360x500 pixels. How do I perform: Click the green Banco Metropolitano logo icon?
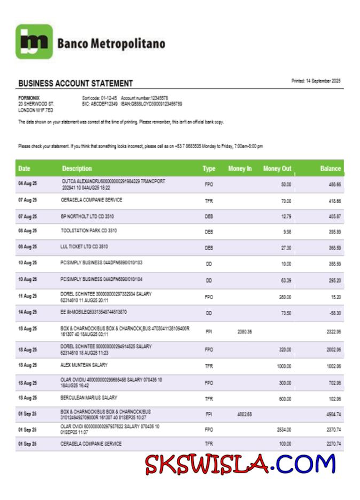tap(34, 42)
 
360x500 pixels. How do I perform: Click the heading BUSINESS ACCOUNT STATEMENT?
tap(75, 83)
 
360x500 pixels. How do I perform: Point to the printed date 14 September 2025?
tap(316, 81)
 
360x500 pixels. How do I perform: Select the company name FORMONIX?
tap(29, 98)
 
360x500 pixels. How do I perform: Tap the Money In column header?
tap(240, 169)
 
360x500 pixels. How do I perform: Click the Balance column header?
tap(330, 169)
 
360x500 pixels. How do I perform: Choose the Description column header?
tap(77, 169)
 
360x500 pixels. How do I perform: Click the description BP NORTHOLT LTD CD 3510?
tap(87, 216)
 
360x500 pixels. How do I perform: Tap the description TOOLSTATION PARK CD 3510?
tap(89, 231)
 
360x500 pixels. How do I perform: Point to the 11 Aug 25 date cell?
tap(28, 296)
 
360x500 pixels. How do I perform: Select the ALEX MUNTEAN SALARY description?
tap(84, 365)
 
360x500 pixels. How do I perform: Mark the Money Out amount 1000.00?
tap(284, 366)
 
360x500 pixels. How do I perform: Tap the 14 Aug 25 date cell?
tap(28, 312)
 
